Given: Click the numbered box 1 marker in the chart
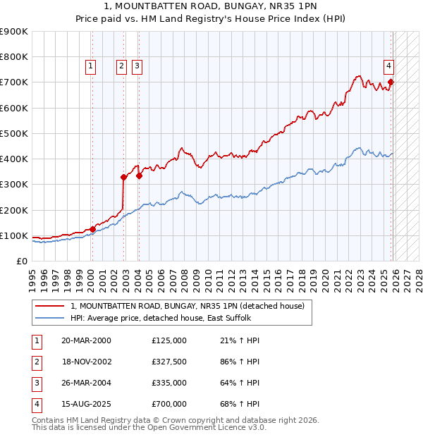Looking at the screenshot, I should [x=91, y=66].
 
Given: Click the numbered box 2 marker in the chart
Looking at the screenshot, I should [x=121, y=66].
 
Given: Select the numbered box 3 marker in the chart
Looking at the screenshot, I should [x=136, y=66].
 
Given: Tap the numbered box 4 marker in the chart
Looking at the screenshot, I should [x=388, y=66].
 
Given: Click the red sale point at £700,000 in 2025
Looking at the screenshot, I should [x=391, y=82].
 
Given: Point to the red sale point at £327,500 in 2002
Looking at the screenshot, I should [x=123, y=178].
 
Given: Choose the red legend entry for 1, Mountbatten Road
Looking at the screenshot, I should [x=187, y=306].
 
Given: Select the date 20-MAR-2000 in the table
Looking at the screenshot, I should [x=86, y=340].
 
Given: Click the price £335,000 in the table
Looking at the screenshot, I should [x=169, y=383].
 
